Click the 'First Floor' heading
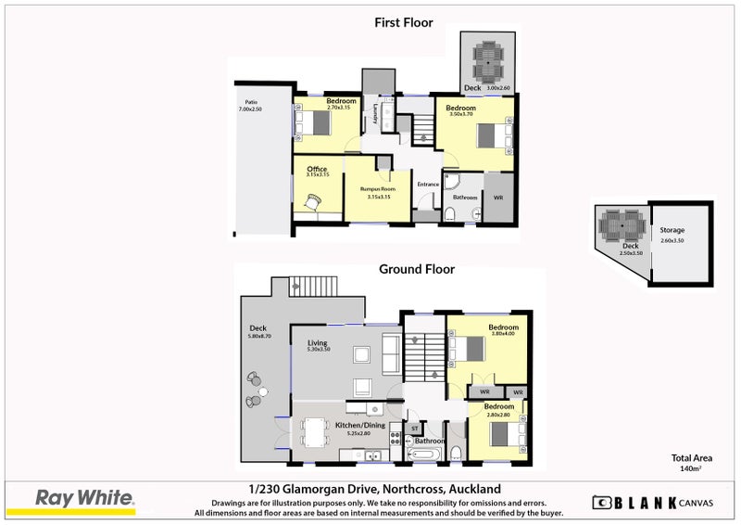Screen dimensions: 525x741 pyautogui.click(x=403, y=22)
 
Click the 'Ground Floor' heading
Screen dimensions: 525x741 pyautogui.click(x=417, y=269)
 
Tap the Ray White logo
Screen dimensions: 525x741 pyautogui.click(x=84, y=499)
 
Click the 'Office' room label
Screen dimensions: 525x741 pyautogui.click(x=317, y=170)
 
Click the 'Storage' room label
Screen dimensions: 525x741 pyautogui.click(x=672, y=231)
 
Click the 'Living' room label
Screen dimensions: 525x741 pyautogui.click(x=318, y=343)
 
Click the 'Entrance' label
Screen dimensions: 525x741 pyautogui.click(x=428, y=185)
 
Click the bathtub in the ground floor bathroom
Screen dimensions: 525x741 pyautogui.click(x=426, y=455)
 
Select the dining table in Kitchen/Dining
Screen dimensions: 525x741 pyautogui.click(x=315, y=432)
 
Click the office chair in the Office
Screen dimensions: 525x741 pyautogui.click(x=313, y=199)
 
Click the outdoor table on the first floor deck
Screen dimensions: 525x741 pyautogui.click(x=487, y=61)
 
